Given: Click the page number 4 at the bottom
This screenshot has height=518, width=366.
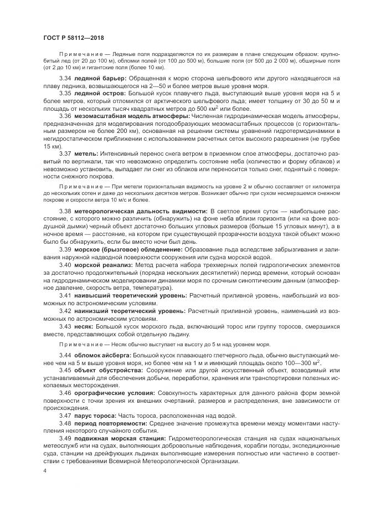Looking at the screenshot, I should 45,470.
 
